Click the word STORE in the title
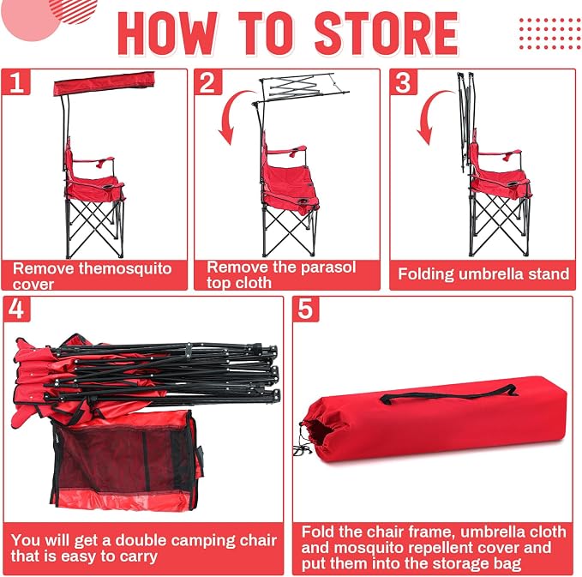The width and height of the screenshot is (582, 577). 387,33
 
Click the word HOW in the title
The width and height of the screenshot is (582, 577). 167,33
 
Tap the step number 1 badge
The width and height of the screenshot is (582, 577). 16,82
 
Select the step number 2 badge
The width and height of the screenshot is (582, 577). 207,82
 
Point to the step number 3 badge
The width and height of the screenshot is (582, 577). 404,82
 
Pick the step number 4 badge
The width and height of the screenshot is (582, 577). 16,309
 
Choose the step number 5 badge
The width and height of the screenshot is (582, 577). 305,309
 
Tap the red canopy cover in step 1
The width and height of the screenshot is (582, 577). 105,83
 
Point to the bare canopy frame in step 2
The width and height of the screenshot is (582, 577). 301,88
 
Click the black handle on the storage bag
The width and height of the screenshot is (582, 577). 448,394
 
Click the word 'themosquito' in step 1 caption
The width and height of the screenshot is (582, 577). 125,268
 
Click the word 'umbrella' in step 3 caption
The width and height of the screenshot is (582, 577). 491,274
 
